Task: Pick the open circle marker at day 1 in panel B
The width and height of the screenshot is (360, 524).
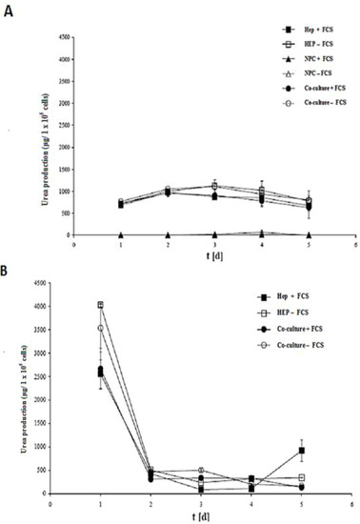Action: point(101,328)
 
